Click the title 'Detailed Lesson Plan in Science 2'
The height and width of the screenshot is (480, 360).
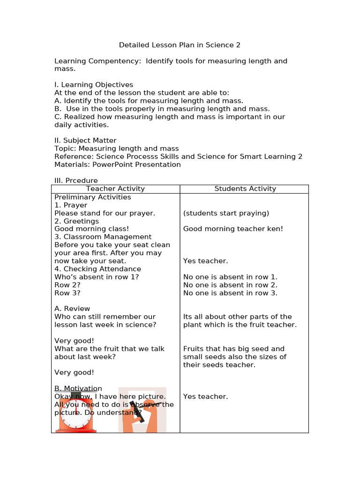point(180,45)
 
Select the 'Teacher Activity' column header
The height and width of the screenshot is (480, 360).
point(115,188)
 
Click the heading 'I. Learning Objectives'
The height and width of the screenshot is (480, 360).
point(94,85)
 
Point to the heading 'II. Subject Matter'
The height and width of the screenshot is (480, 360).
point(85,141)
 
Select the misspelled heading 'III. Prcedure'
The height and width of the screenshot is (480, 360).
point(76,180)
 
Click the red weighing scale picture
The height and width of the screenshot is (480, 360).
point(76,412)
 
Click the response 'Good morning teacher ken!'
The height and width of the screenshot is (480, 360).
point(233,229)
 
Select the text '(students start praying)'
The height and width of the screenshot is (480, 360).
point(226,213)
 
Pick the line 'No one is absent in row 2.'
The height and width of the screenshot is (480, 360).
point(230,285)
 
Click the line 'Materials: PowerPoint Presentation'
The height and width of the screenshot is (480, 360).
point(117,165)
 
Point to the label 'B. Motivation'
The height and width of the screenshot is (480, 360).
point(78,388)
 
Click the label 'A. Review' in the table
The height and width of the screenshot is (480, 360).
point(72,308)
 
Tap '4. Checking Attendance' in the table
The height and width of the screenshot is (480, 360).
point(97,269)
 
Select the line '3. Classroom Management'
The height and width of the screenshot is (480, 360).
point(103,237)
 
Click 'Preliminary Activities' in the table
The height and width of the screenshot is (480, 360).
point(92,197)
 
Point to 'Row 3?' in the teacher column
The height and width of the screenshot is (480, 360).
point(67,293)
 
